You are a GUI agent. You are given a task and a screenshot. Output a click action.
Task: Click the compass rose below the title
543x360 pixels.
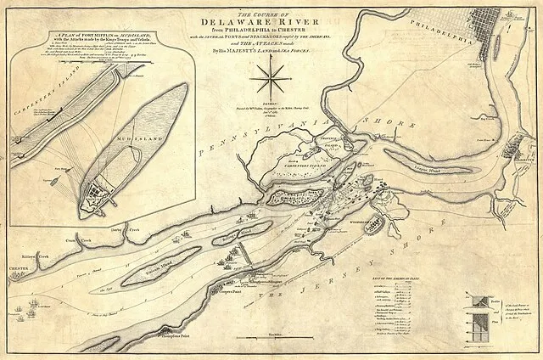(x=270, y=82)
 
